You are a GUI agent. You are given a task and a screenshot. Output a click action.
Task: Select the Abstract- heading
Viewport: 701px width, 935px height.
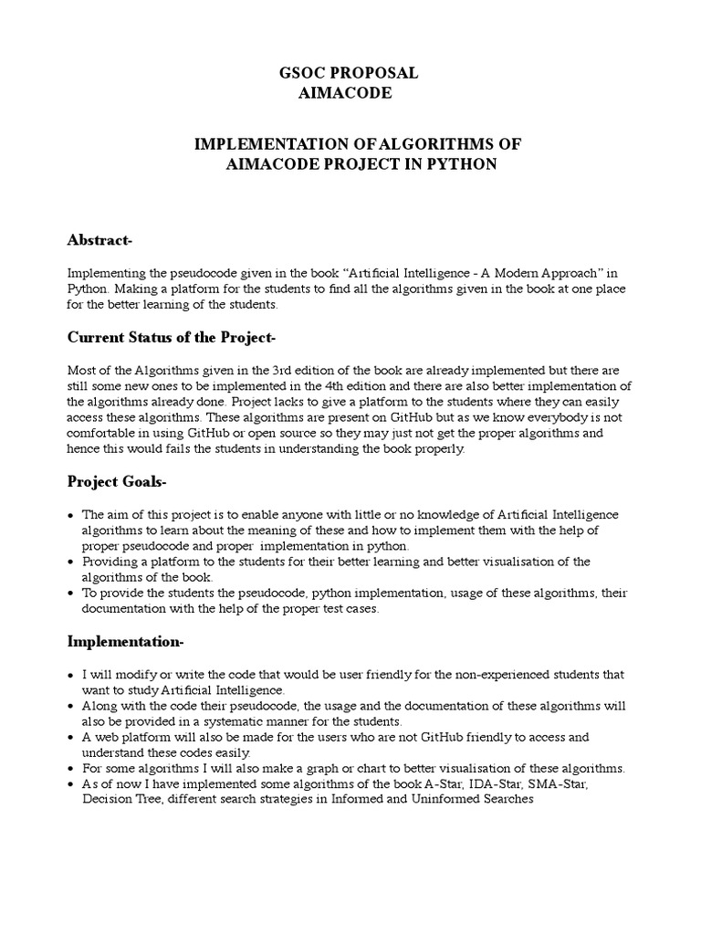pyautogui.click(x=100, y=240)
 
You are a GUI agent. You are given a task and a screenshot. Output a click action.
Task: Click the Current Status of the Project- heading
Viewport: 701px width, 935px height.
pyautogui.click(x=172, y=337)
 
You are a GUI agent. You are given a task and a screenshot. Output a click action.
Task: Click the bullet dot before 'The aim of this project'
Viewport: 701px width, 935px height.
pyautogui.click(x=71, y=515)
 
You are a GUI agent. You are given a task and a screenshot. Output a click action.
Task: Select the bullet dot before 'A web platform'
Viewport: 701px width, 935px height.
pyautogui.click(x=71, y=737)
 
